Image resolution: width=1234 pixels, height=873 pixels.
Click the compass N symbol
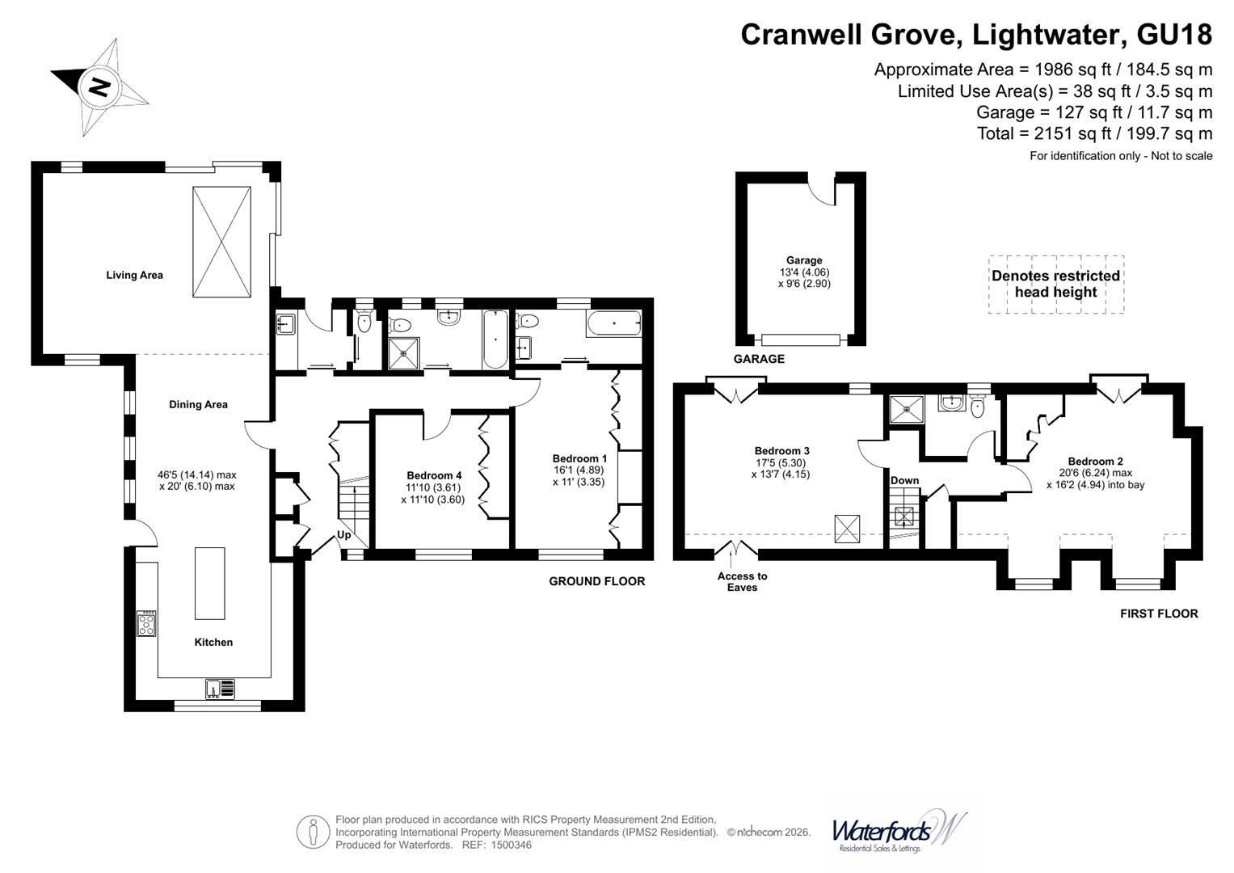(99, 86)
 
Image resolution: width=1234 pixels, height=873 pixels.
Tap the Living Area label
(134, 275)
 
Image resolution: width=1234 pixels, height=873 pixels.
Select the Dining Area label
(198, 404)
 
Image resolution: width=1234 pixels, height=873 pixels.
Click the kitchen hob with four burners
(146, 624)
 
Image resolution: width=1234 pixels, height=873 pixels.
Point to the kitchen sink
(220, 689)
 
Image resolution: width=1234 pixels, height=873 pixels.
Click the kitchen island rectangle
(210, 583)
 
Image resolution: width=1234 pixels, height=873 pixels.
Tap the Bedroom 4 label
(434, 475)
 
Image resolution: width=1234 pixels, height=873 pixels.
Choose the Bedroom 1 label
(579, 458)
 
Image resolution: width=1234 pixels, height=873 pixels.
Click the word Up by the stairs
(343, 534)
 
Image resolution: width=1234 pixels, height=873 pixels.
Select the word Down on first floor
(904, 481)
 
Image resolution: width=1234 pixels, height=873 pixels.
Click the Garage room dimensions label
(804, 278)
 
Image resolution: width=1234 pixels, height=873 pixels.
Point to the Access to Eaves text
(742, 581)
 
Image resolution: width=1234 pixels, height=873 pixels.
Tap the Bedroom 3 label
(781, 451)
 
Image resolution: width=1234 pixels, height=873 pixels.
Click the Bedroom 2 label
(1095, 462)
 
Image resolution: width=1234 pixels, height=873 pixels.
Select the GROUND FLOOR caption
(596, 581)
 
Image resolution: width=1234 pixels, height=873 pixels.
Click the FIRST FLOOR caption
(1159, 614)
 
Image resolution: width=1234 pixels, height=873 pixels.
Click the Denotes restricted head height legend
(1056, 285)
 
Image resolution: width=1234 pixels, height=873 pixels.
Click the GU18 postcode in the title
(1173, 35)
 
